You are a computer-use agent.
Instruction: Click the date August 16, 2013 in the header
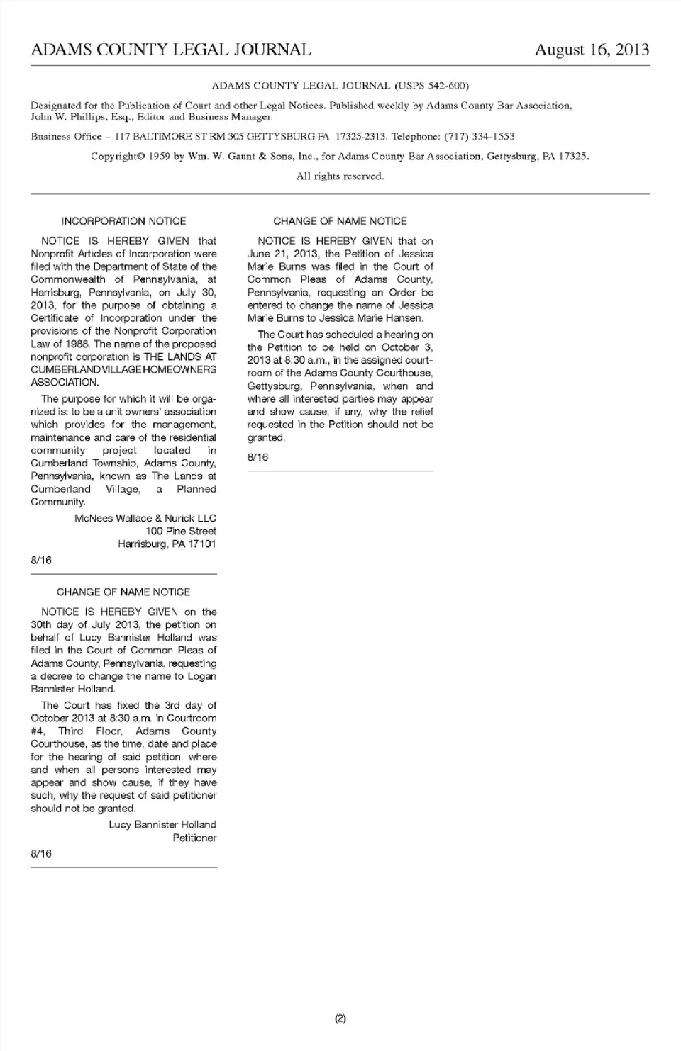592,50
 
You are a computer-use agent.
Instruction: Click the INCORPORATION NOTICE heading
123,221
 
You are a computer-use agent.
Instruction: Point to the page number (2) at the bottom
340,1018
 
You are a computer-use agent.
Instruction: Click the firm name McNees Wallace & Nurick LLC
145,518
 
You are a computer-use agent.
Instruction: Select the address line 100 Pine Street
181,531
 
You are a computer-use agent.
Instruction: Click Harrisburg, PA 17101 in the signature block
167,544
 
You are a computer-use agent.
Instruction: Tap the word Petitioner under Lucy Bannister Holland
194,838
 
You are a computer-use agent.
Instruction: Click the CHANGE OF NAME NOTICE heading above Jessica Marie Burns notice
340,221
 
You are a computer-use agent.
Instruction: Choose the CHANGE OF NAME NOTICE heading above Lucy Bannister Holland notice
123,592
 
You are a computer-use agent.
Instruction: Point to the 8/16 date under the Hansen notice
258,457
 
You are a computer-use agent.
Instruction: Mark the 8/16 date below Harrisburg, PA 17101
41,560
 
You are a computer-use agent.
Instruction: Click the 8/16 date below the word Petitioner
41,853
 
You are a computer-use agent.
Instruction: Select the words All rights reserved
340,176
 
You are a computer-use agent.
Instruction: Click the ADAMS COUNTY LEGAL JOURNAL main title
171,50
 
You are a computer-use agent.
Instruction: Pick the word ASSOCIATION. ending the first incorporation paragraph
65,382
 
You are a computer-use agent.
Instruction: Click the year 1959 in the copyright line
160,156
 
